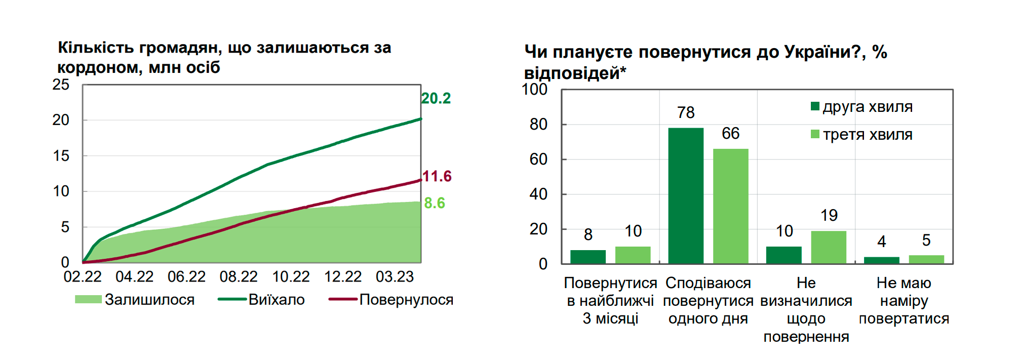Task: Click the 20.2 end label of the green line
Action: (x=436, y=98)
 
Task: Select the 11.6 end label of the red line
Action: (x=437, y=176)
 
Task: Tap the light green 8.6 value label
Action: (x=434, y=203)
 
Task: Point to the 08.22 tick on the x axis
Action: (x=239, y=277)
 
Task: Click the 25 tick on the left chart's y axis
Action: (x=61, y=85)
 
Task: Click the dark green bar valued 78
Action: (x=686, y=195)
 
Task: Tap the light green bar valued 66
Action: (x=730, y=206)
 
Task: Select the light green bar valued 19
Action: (x=829, y=247)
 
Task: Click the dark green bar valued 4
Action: (x=881, y=260)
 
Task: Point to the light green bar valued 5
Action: (x=926, y=259)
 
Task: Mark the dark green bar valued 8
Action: (x=587, y=257)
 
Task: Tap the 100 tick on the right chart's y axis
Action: (x=534, y=90)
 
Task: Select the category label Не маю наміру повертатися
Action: (x=904, y=301)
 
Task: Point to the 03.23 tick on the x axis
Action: (x=395, y=277)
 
